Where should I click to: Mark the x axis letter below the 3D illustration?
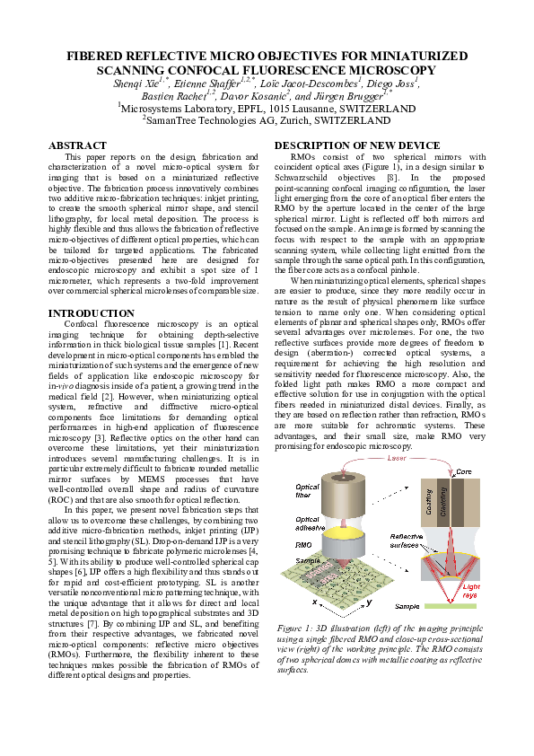[314, 602]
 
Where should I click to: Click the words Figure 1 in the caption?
[295, 627]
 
